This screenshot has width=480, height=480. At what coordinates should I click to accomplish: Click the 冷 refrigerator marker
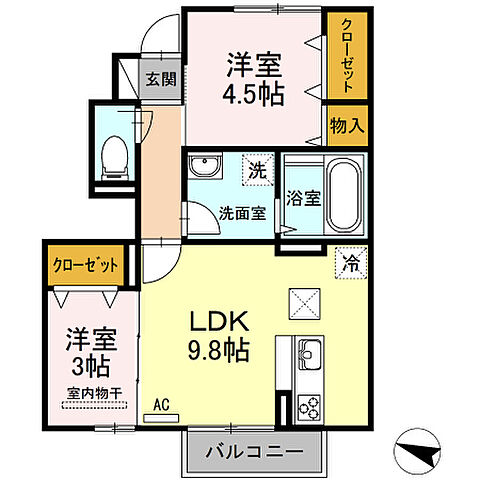point(349,262)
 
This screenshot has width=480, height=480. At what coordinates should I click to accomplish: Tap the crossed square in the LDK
point(303,301)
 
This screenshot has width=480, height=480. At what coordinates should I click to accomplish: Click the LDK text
point(226,322)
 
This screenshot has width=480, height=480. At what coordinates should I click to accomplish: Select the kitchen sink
point(306,354)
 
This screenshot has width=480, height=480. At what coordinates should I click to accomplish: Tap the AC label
point(161,405)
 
